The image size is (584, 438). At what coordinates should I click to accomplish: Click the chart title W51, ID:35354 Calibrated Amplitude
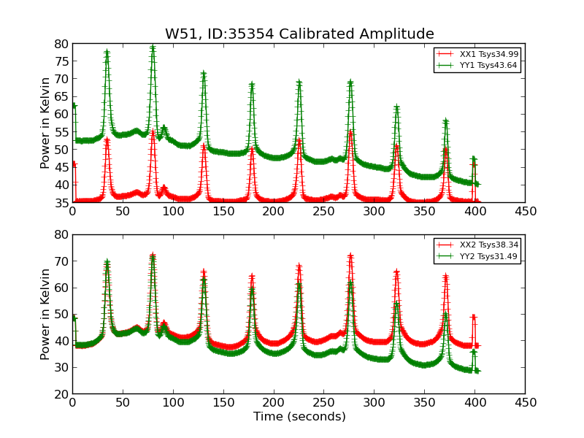click(x=299, y=34)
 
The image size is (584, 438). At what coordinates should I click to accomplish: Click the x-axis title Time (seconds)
click(x=299, y=417)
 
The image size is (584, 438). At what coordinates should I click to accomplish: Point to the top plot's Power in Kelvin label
click(x=46, y=123)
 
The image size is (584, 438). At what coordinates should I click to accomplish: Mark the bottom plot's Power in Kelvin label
click(x=46, y=314)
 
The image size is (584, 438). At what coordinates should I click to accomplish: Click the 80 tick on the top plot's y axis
click(x=61, y=44)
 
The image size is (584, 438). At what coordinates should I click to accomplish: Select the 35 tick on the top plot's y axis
click(x=61, y=202)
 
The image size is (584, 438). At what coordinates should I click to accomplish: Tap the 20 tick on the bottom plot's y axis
click(x=61, y=393)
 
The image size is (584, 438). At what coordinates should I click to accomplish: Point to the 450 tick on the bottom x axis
click(x=525, y=402)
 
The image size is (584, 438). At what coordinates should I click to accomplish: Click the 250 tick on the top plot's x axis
click(x=323, y=211)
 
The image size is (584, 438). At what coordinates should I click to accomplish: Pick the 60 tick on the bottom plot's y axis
click(x=61, y=288)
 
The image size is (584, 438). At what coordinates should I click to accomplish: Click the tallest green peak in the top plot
click(x=153, y=48)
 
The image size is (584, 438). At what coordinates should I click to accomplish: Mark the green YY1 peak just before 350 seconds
click(x=396, y=108)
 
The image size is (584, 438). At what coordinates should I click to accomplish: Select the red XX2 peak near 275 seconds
click(x=350, y=256)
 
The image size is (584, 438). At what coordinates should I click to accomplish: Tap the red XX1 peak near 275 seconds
click(x=350, y=132)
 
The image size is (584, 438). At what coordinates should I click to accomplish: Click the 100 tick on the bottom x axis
click(x=172, y=402)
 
